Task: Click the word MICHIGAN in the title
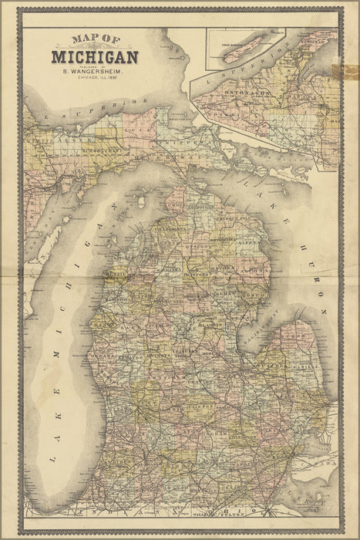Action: pos(95,56)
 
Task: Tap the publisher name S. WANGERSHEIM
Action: pos(95,73)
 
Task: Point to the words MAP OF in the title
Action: pos(95,40)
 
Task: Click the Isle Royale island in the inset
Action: pos(244,40)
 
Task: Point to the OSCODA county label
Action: pos(230,269)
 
